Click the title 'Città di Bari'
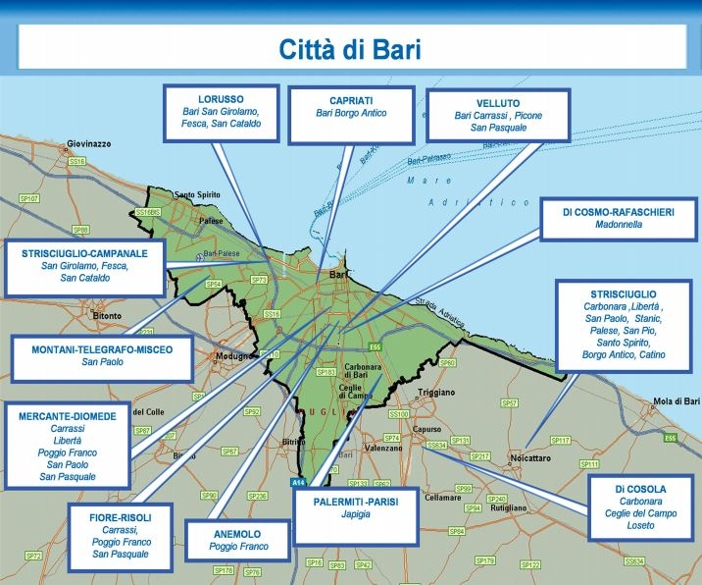click(351, 50)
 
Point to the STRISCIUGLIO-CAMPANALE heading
click(84, 253)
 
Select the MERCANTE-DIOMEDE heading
click(67, 416)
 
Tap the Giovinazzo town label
click(88, 143)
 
